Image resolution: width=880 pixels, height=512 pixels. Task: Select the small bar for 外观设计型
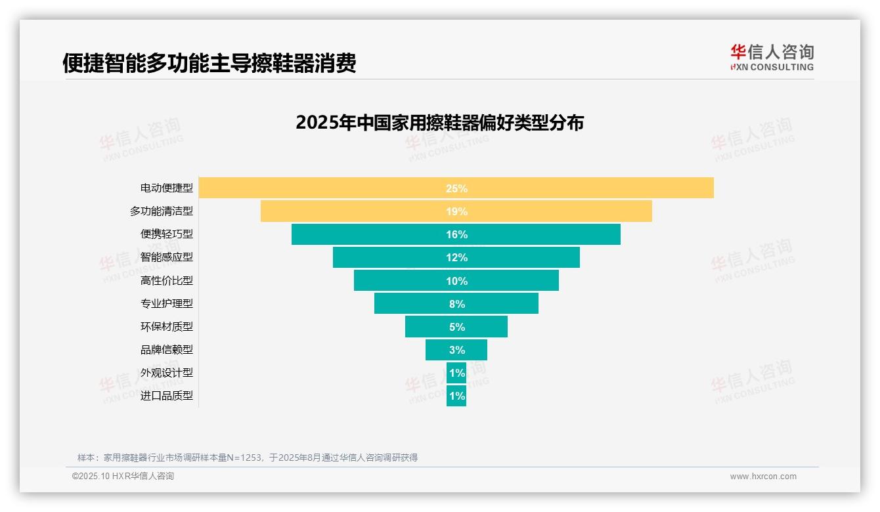tap(456, 373)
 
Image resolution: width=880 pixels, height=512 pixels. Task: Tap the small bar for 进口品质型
tap(456, 396)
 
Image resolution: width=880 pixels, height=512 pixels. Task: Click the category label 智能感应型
tap(167, 257)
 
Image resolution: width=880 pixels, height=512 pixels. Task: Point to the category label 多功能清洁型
tap(162, 211)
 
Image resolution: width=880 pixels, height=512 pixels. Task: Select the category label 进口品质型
tap(167, 396)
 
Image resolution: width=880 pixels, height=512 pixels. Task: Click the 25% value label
tap(456, 188)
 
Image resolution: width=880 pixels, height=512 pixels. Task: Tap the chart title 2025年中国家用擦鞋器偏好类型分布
tap(439, 123)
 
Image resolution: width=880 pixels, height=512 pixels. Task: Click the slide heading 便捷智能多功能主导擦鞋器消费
tap(209, 63)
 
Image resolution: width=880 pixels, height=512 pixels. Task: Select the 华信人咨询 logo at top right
tap(772, 57)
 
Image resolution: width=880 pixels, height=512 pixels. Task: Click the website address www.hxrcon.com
tap(763, 477)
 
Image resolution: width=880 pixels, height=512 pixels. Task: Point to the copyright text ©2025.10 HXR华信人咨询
tap(123, 477)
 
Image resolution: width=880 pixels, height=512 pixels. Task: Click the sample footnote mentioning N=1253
tap(248, 458)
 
